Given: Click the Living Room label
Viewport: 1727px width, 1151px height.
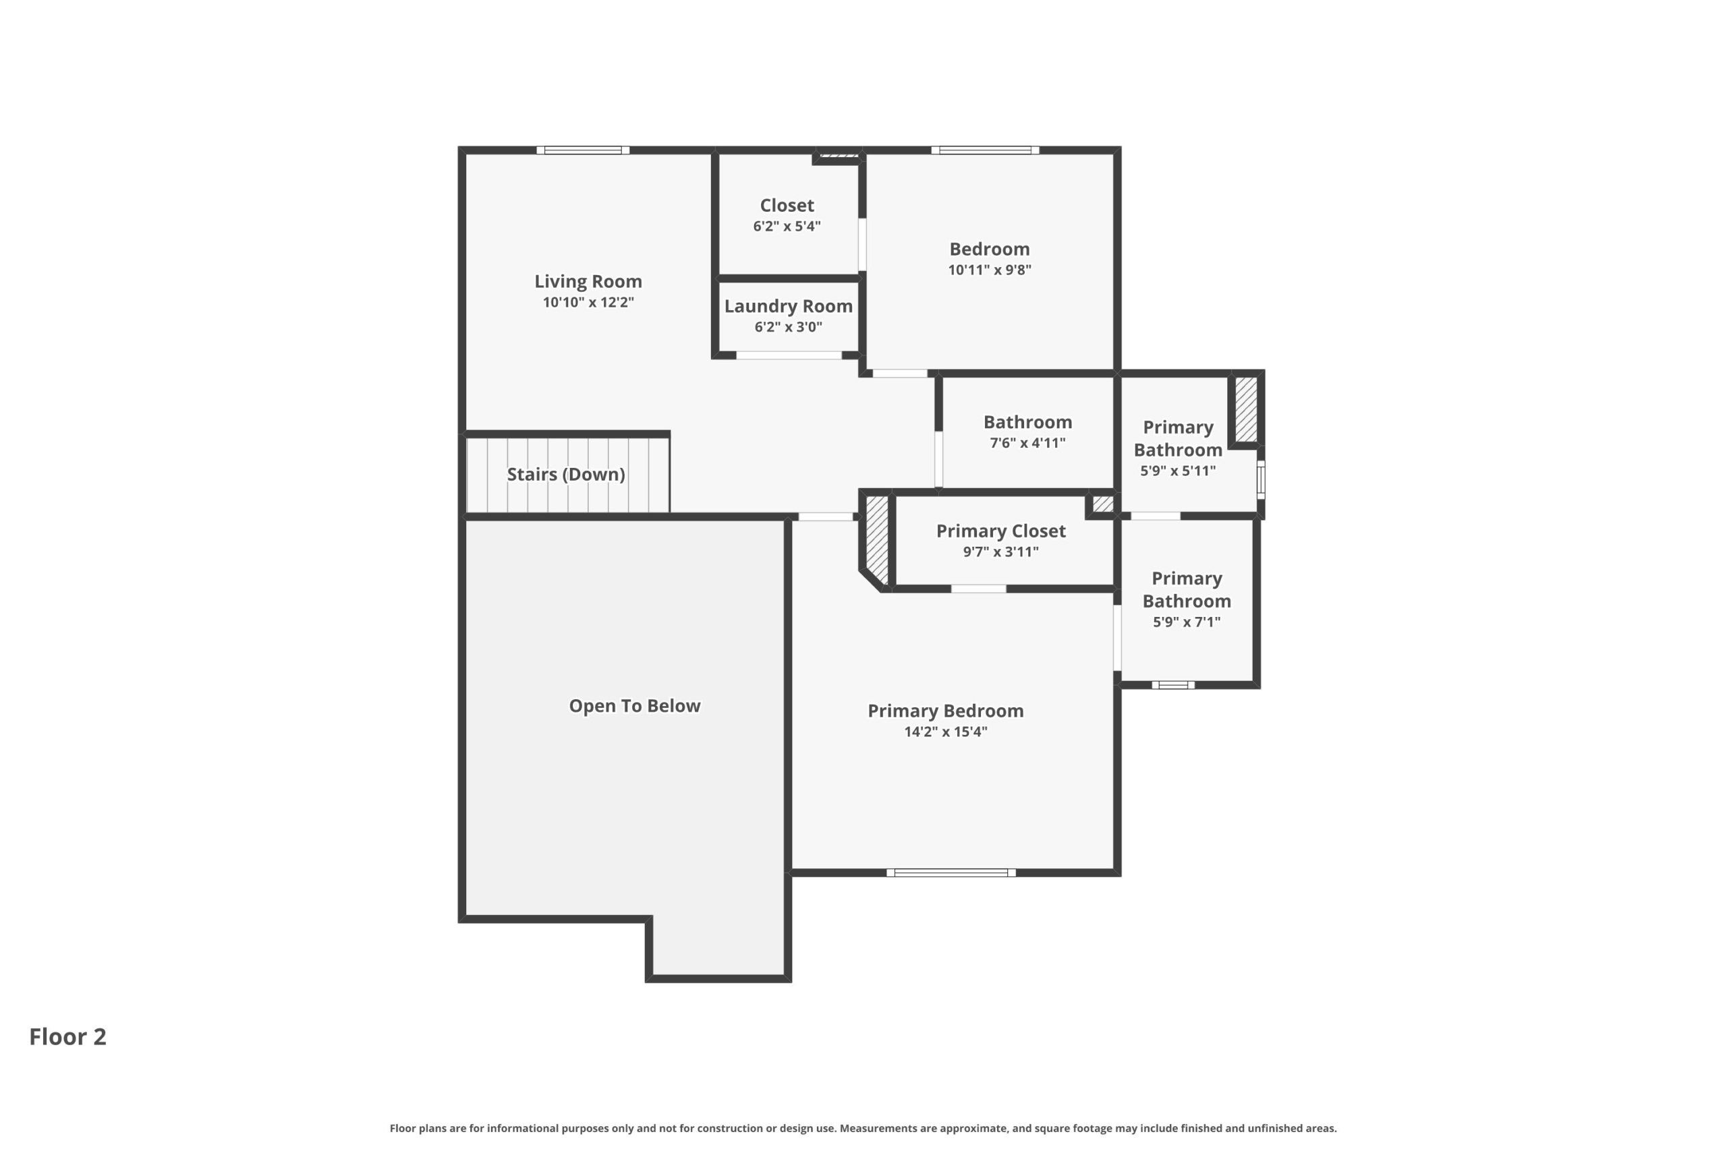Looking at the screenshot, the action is pyautogui.click(x=588, y=281).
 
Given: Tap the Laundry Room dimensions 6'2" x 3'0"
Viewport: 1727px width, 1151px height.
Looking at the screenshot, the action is pyautogui.click(x=789, y=326).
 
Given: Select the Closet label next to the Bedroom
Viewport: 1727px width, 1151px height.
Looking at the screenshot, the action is pyautogui.click(x=787, y=206).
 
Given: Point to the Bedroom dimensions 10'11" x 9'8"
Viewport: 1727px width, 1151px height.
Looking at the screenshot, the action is pyautogui.click(x=990, y=270).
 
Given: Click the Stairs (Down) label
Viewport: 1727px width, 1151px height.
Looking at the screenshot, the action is pyautogui.click(x=566, y=474).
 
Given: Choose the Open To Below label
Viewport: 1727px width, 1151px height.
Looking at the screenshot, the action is pyautogui.click(x=634, y=705).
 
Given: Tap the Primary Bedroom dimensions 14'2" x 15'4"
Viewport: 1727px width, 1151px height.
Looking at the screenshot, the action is pyautogui.click(x=946, y=731).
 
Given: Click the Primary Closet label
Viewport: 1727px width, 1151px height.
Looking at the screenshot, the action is pyautogui.click(x=1001, y=531).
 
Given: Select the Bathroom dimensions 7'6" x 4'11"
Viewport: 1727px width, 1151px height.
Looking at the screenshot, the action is pyautogui.click(x=1027, y=442).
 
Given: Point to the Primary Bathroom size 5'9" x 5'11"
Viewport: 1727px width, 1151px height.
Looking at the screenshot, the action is pyautogui.click(x=1178, y=471).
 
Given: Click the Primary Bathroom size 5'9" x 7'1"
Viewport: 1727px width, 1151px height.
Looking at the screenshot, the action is pyautogui.click(x=1187, y=622).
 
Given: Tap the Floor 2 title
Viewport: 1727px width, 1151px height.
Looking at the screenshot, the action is pyautogui.click(x=67, y=1036).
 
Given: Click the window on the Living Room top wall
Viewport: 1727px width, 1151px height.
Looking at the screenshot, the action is pyautogui.click(x=583, y=150).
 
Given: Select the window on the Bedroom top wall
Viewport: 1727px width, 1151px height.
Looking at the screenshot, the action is pyautogui.click(x=986, y=150).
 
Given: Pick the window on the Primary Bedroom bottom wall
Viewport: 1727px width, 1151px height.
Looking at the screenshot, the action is pyautogui.click(x=951, y=873).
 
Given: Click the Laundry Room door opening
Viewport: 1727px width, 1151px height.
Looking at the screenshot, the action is pyautogui.click(x=789, y=355).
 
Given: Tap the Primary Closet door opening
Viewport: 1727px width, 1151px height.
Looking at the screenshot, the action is pyautogui.click(x=979, y=589).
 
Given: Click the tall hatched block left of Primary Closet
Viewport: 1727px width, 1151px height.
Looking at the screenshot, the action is pyautogui.click(x=877, y=540).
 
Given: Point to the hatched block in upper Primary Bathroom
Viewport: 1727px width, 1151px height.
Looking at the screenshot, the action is pyautogui.click(x=1246, y=409).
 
